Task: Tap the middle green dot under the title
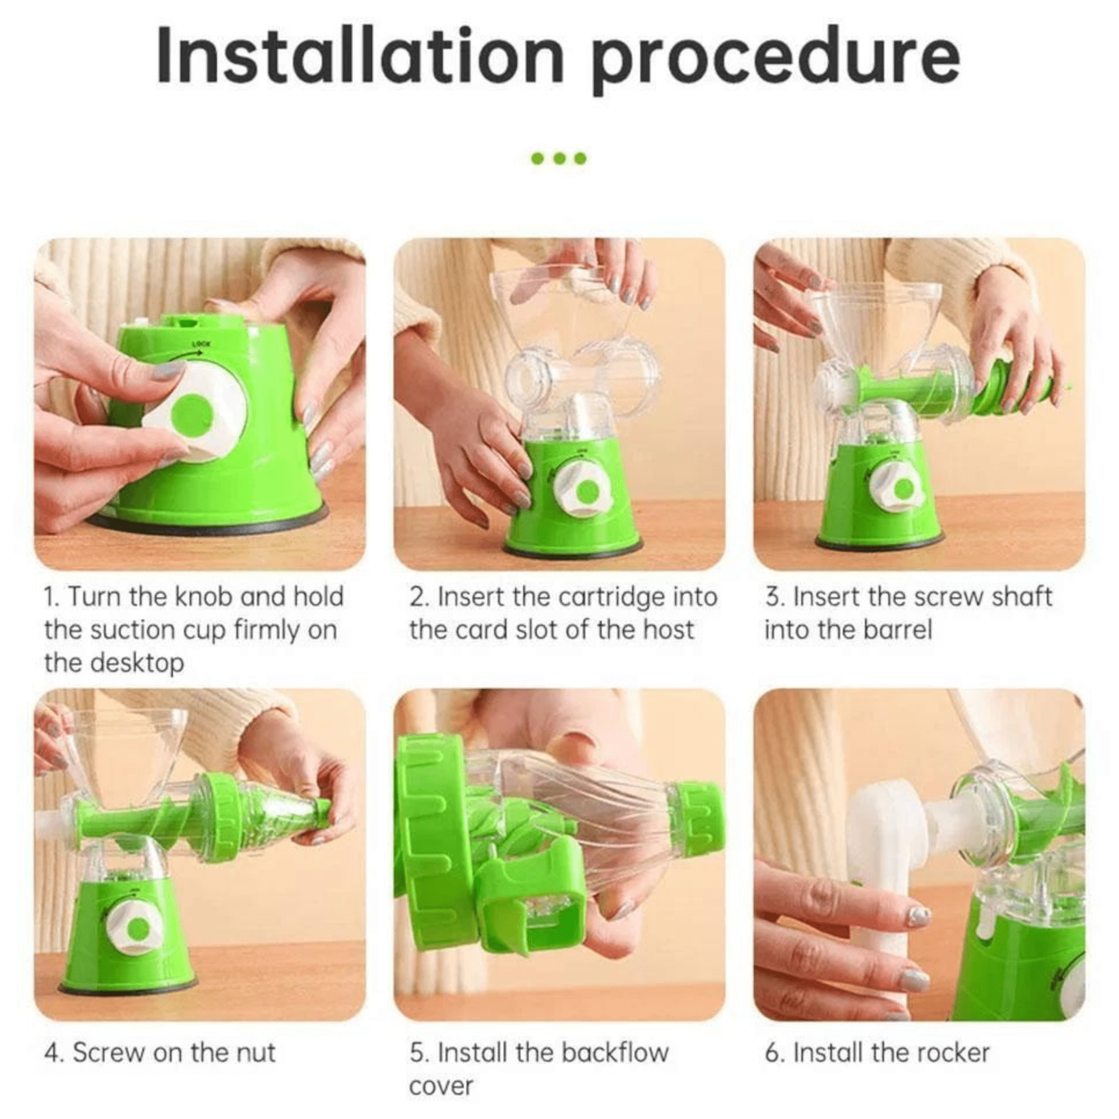[x=559, y=158]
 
